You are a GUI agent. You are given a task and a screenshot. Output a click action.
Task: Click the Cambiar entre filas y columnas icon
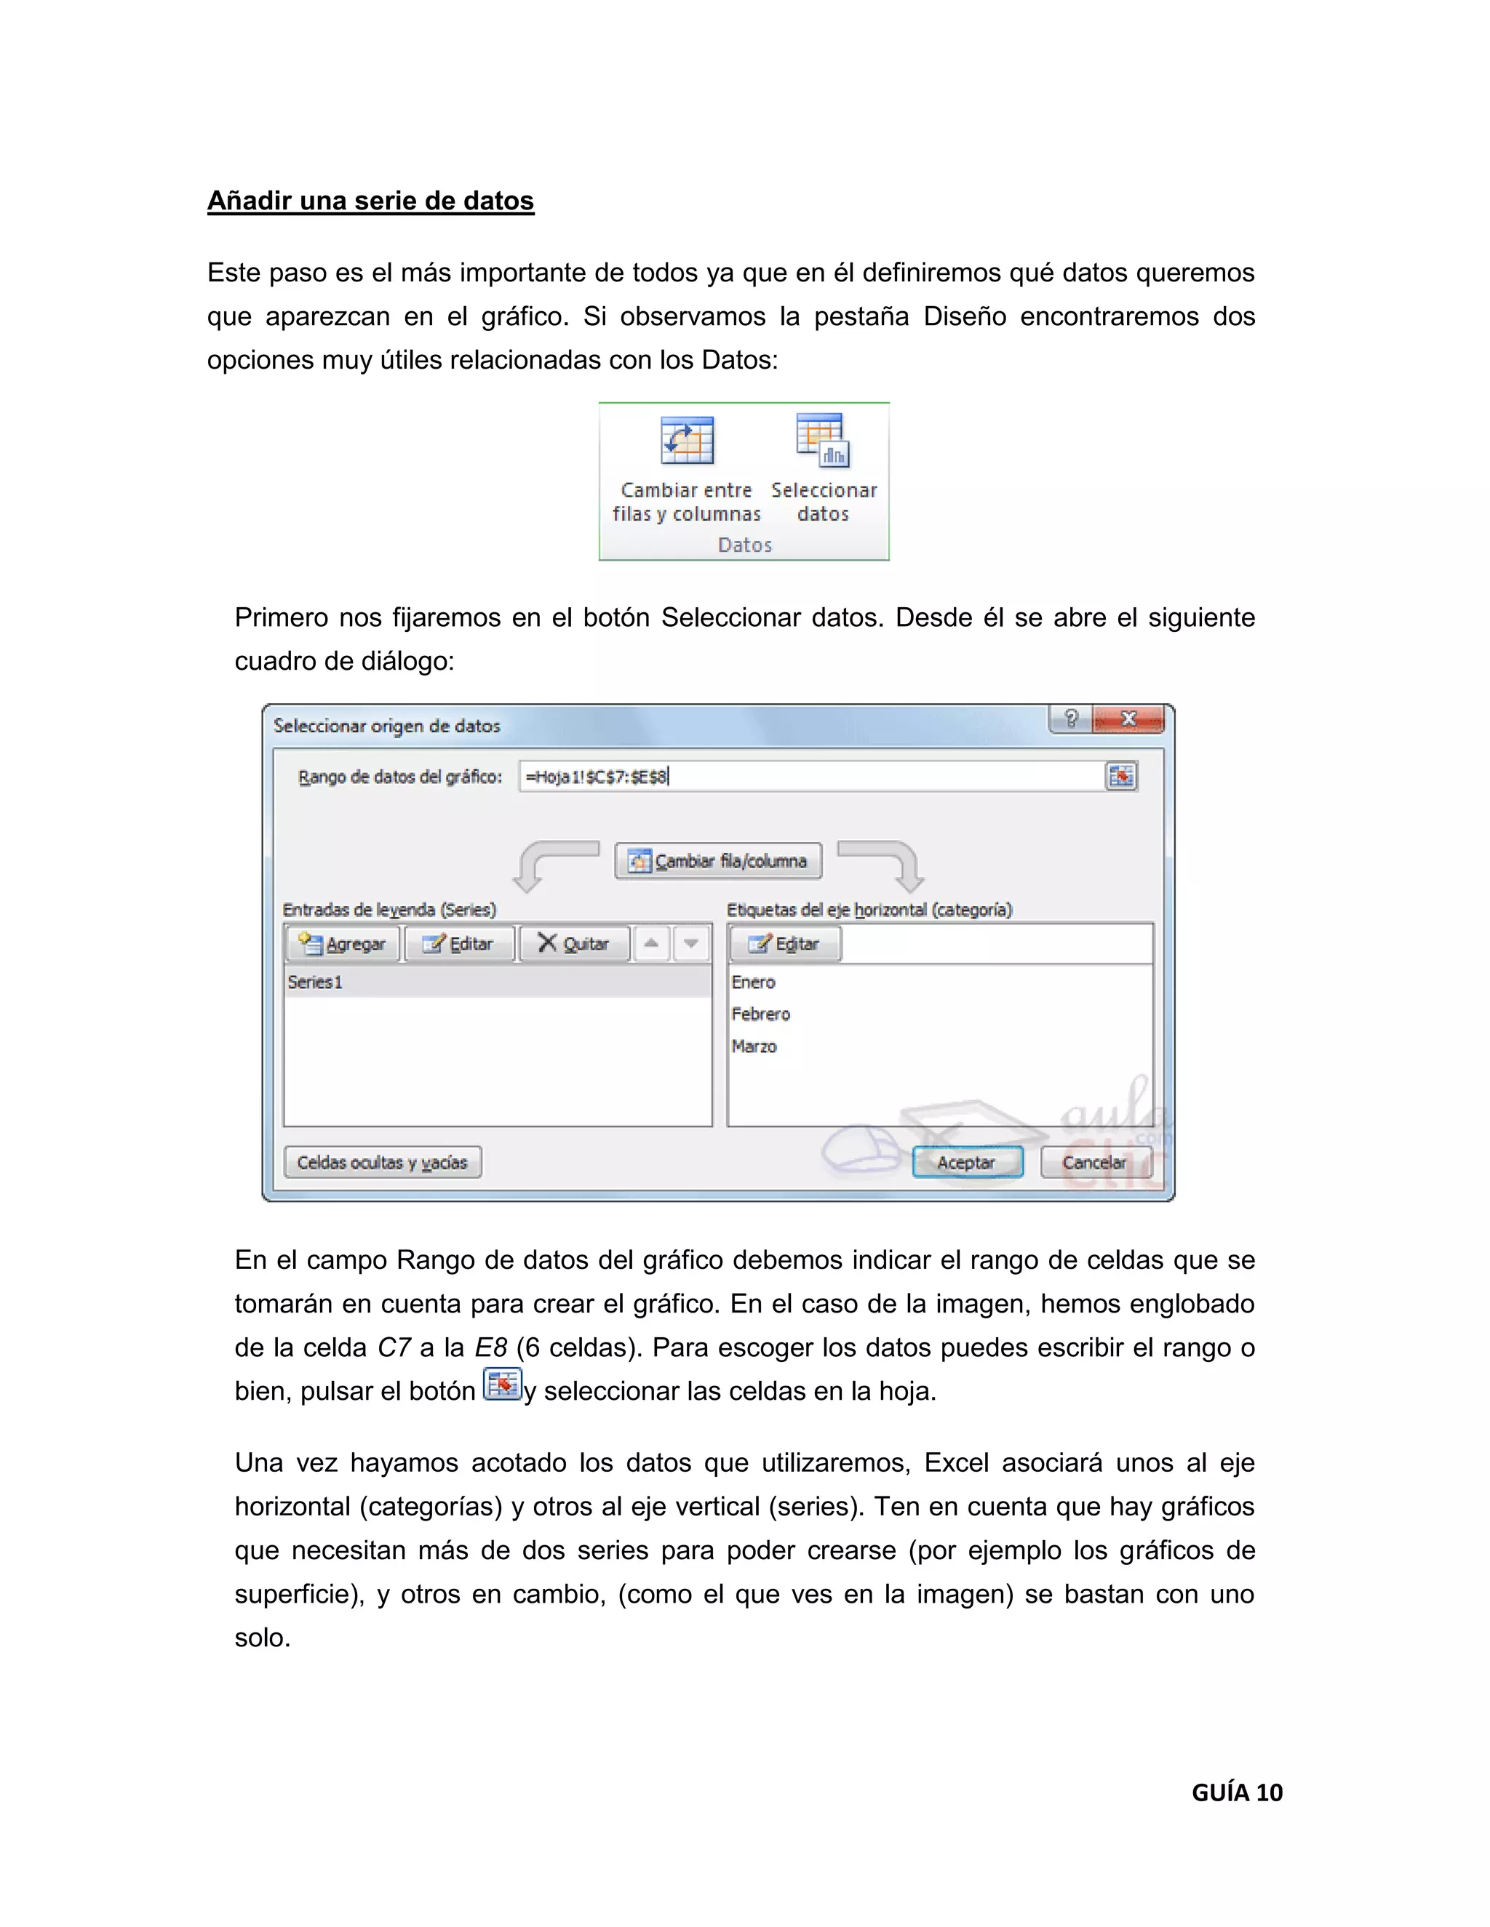click(x=687, y=440)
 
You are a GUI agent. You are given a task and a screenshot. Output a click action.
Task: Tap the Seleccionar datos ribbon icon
click(x=823, y=439)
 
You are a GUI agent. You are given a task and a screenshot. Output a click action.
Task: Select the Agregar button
click(x=343, y=943)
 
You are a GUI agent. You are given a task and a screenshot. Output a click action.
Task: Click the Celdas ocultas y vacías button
click(x=382, y=1162)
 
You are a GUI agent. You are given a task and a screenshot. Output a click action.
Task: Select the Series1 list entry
click(x=315, y=982)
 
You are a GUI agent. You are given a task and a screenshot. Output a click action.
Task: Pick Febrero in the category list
click(x=760, y=1014)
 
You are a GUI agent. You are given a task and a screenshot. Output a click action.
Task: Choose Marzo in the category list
click(x=754, y=1046)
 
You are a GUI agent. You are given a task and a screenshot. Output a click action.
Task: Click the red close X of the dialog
click(x=1128, y=719)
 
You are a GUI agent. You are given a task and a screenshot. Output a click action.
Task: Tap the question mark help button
click(x=1071, y=719)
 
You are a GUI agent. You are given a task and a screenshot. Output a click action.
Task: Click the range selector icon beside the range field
click(x=1121, y=777)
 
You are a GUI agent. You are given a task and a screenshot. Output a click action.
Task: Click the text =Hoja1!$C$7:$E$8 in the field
click(x=597, y=777)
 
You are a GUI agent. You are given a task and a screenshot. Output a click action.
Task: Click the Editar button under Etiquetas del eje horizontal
click(x=785, y=943)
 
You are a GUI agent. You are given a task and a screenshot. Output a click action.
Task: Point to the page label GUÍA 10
click(x=1237, y=1792)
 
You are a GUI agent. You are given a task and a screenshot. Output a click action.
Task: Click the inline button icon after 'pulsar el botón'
click(x=502, y=1385)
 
